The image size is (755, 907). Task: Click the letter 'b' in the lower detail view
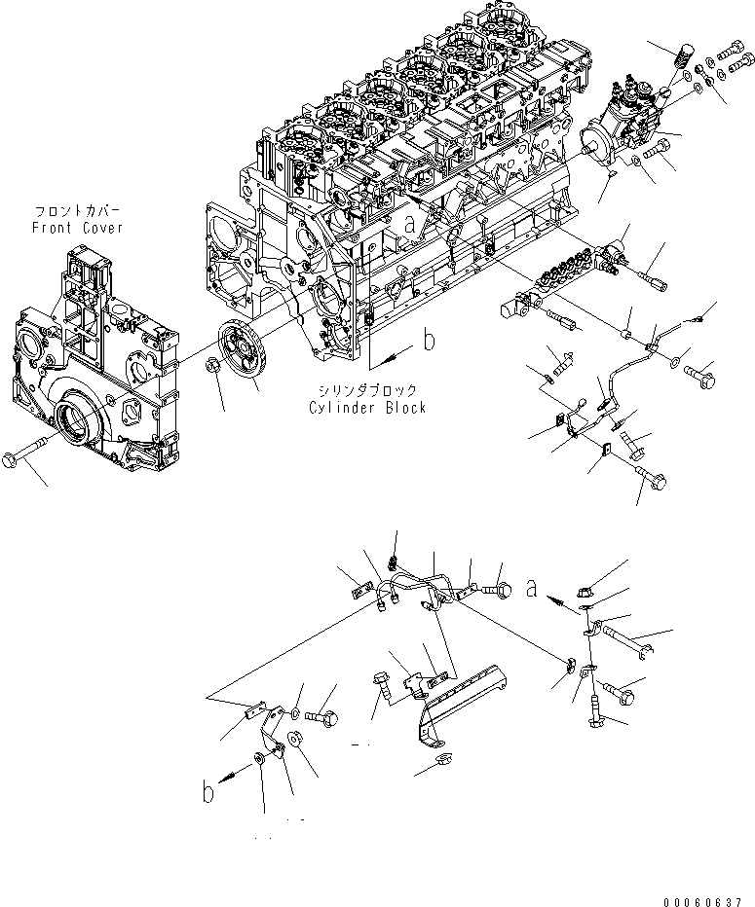208,792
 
